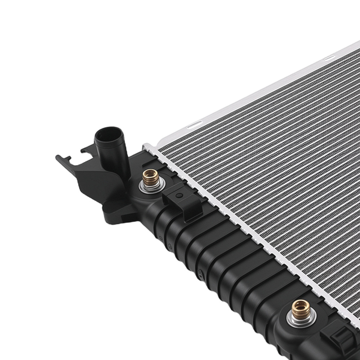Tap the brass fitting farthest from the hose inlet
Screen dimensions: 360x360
301,309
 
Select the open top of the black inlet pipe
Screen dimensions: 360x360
108,134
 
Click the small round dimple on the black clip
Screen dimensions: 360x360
179,195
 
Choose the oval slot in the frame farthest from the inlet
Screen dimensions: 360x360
329,58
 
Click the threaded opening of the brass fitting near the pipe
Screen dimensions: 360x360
150,174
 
